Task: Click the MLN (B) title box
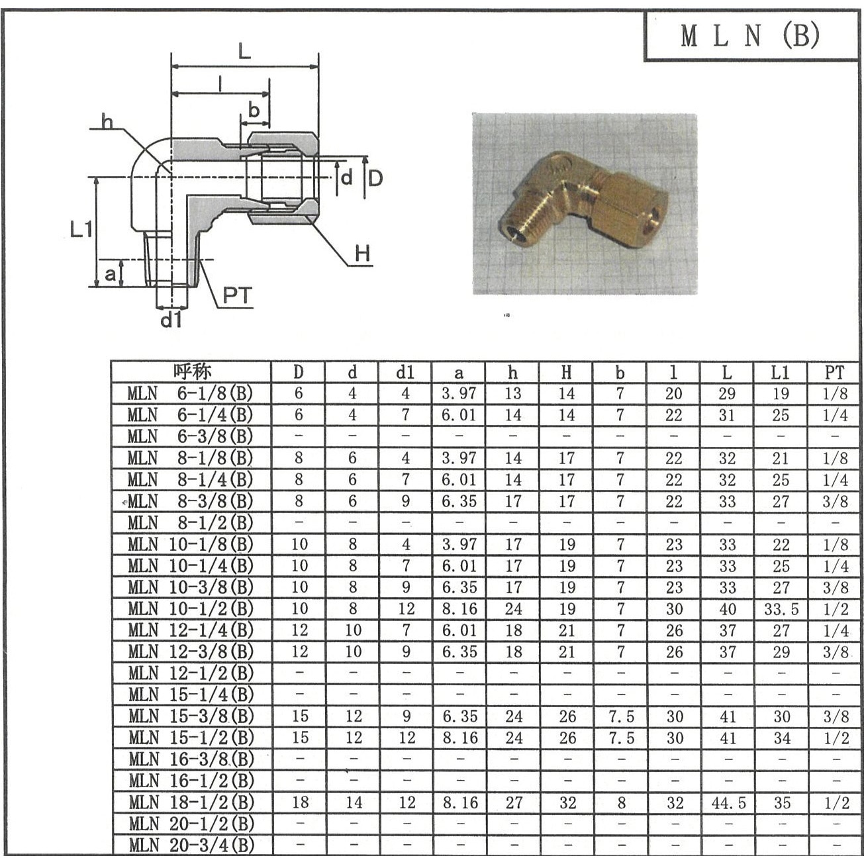click(751, 36)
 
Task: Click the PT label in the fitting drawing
click(237, 295)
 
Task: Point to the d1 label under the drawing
click(171, 320)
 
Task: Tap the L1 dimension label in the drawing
click(81, 230)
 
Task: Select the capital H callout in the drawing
click(361, 254)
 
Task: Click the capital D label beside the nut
click(375, 178)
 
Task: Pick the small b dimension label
click(254, 111)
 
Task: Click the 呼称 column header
click(191, 371)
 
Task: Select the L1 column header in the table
click(781, 372)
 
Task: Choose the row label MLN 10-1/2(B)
click(191, 608)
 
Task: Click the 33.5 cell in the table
click(781, 609)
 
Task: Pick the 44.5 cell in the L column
click(728, 803)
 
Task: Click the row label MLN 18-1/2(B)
click(191, 802)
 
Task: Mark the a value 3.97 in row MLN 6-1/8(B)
click(459, 393)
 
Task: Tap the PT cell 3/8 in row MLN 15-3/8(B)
click(836, 716)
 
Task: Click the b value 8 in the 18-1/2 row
click(620, 803)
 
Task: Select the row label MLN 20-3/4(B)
click(191, 845)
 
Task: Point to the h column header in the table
click(512, 372)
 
